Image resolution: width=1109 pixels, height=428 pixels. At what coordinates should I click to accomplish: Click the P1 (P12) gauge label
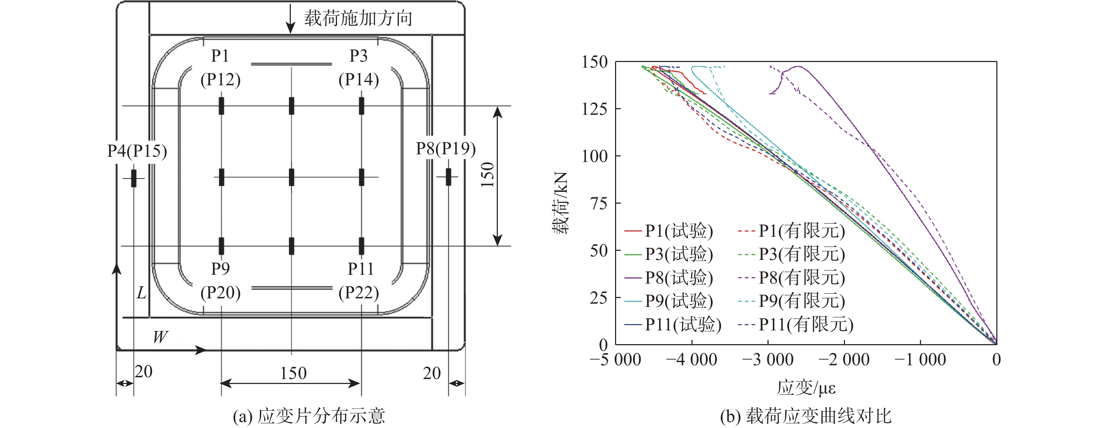click(x=220, y=68)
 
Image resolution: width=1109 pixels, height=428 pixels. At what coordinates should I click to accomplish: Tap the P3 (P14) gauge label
click(x=359, y=68)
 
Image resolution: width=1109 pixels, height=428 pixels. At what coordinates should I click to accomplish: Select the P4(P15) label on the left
click(x=137, y=151)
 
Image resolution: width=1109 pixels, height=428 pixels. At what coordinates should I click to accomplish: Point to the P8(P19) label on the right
click(x=446, y=149)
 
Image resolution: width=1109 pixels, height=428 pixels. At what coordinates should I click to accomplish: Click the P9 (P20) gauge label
click(x=220, y=281)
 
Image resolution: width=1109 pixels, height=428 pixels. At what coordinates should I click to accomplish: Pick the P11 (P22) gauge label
click(x=359, y=281)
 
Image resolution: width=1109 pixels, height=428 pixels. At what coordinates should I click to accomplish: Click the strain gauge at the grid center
click(x=292, y=177)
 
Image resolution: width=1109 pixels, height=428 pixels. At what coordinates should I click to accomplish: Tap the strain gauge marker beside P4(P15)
click(x=134, y=178)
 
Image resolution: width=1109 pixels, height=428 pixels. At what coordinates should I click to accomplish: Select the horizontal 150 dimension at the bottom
click(x=293, y=373)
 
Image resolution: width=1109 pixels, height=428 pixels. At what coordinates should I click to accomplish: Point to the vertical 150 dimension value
click(x=487, y=174)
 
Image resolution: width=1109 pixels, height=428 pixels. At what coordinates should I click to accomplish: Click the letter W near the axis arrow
click(x=160, y=337)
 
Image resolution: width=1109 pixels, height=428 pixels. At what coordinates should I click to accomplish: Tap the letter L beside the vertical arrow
click(x=141, y=293)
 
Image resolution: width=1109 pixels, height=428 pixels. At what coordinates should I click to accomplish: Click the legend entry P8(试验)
click(x=669, y=278)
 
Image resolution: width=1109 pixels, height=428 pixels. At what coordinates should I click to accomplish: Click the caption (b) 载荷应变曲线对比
click(x=806, y=416)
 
